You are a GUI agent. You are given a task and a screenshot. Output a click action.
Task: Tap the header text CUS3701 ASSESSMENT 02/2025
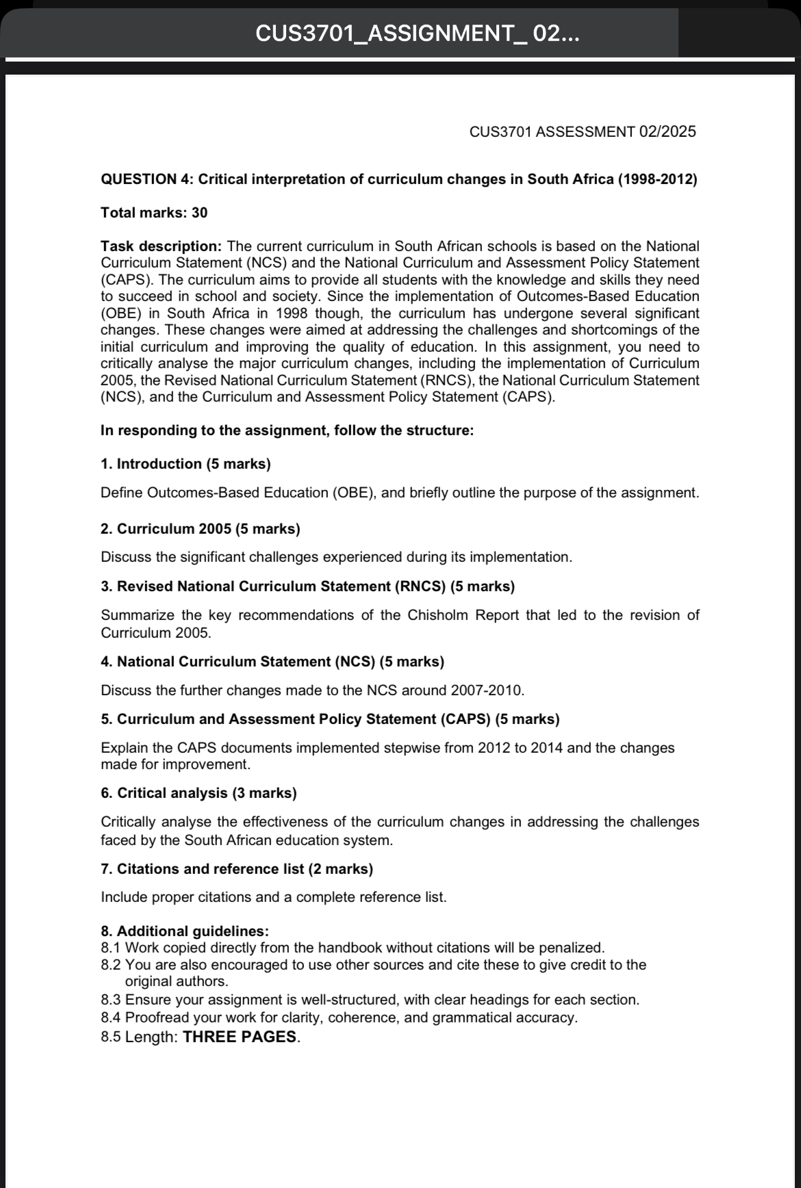pyautogui.click(x=583, y=132)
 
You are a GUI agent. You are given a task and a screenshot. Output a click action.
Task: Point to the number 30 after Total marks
pyautogui.click(x=199, y=213)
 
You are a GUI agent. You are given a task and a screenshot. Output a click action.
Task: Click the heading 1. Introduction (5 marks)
pyautogui.click(x=186, y=464)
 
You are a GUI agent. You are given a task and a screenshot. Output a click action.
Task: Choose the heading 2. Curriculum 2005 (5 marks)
pyautogui.click(x=200, y=529)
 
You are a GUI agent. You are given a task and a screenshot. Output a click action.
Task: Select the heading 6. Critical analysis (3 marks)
pyautogui.click(x=199, y=793)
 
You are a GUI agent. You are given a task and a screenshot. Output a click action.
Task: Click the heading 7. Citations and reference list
pyautogui.click(x=237, y=869)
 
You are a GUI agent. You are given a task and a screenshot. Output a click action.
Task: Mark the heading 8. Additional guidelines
pyautogui.click(x=185, y=931)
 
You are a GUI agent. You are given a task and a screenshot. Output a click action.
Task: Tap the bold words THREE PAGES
pyautogui.click(x=240, y=1037)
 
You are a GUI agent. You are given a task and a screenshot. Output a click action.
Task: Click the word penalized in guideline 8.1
pyautogui.click(x=572, y=948)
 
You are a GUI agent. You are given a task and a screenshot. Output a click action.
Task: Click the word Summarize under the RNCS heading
pyautogui.click(x=136, y=615)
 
